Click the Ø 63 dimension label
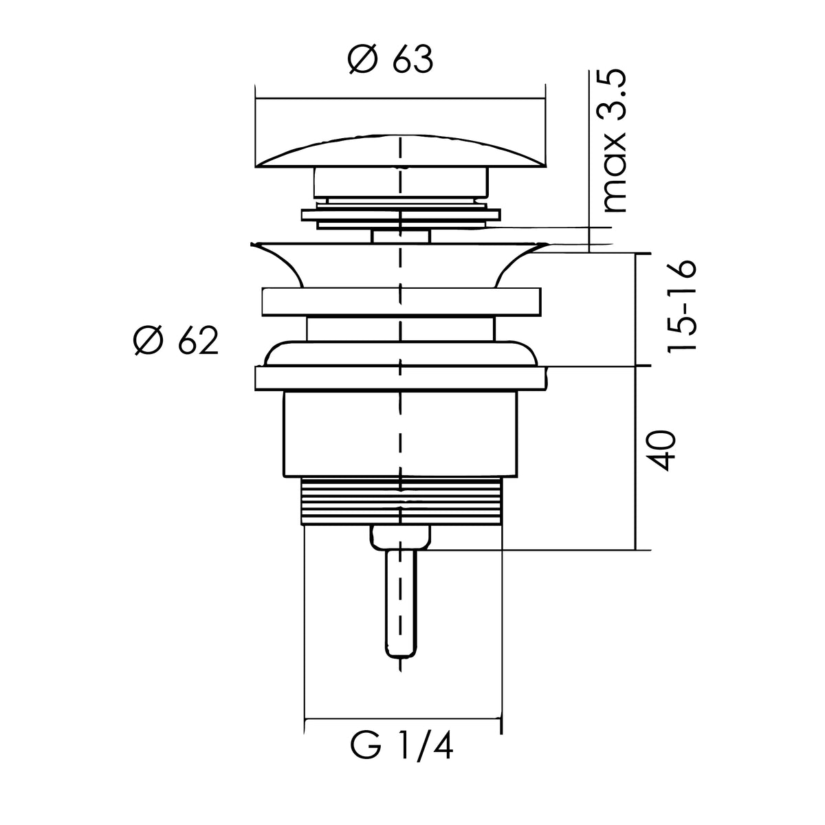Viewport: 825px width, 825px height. (390, 60)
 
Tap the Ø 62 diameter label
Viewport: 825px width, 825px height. (176, 340)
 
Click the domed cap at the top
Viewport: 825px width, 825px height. (400, 152)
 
